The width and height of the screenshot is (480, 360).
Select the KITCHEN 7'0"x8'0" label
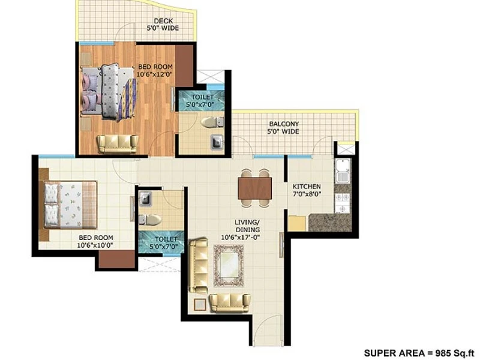307,190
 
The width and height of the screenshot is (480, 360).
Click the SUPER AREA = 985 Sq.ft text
419,353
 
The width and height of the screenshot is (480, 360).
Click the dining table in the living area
254,188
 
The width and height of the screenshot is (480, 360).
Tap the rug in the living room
229,265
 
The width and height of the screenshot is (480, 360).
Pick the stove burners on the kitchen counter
342,203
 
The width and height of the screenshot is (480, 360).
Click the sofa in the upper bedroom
117,144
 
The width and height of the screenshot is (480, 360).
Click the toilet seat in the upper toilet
212,122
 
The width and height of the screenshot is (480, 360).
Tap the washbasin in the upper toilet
217,143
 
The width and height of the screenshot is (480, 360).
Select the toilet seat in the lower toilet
149,220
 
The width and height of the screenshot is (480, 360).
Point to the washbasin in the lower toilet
145,199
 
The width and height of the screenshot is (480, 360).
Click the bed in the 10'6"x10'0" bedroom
70,205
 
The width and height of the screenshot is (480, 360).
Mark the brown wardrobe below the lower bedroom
116,259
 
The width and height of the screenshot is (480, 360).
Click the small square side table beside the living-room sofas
200,305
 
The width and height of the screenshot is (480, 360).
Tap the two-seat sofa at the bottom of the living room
230,304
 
